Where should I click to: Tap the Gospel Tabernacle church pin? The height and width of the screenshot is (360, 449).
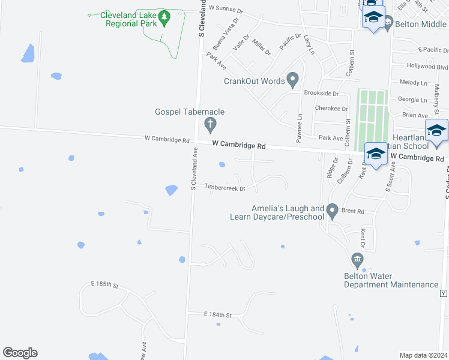pyautogui.click(x=210, y=125)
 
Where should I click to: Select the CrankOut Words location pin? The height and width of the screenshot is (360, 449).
pyautogui.click(x=293, y=79)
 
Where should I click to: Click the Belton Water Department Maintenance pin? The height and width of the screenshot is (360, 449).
pyautogui.click(x=358, y=260)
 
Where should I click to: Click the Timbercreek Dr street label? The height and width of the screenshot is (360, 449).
pyautogui.click(x=225, y=188)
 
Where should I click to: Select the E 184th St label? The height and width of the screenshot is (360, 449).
pyautogui.click(x=217, y=314)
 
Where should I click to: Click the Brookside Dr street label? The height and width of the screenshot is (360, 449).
pyautogui.click(x=321, y=94)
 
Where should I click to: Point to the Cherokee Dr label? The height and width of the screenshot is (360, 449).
pyautogui.click(x=331, y=109)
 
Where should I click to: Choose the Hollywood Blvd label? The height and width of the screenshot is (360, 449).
pyautogui.click(x=427, y=67)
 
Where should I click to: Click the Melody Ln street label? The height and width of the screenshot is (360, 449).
pyautogui.click(x=412, y=82)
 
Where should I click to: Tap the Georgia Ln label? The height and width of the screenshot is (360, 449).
pyautogui.click(x=412, y=100)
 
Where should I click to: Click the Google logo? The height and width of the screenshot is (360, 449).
pyautogui.click(x=20, y=353)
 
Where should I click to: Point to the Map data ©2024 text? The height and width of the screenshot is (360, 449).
pyautogui.click(x=423, y=355)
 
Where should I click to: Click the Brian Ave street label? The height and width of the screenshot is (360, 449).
pyautogui.click(x=415, y=115)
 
